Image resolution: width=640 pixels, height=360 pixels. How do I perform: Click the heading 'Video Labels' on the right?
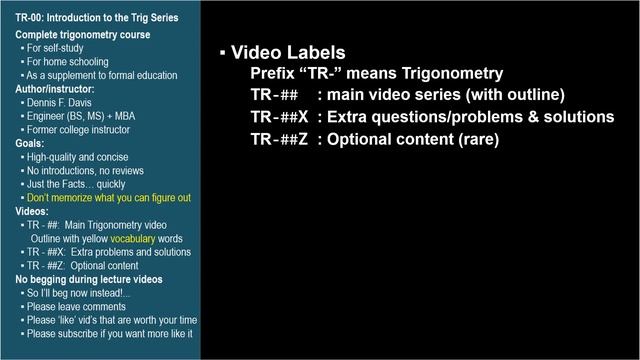click(289, 52)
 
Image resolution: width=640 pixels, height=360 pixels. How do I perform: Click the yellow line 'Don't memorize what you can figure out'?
click(109, 198)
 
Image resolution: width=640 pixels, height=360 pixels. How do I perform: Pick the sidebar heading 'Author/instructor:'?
click(55, 88)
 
